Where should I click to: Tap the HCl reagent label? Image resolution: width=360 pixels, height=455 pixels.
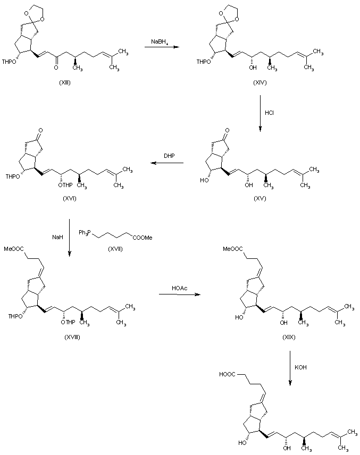[x=269, y=112]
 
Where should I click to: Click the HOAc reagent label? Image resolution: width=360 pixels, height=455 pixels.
[x=179, y=288]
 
